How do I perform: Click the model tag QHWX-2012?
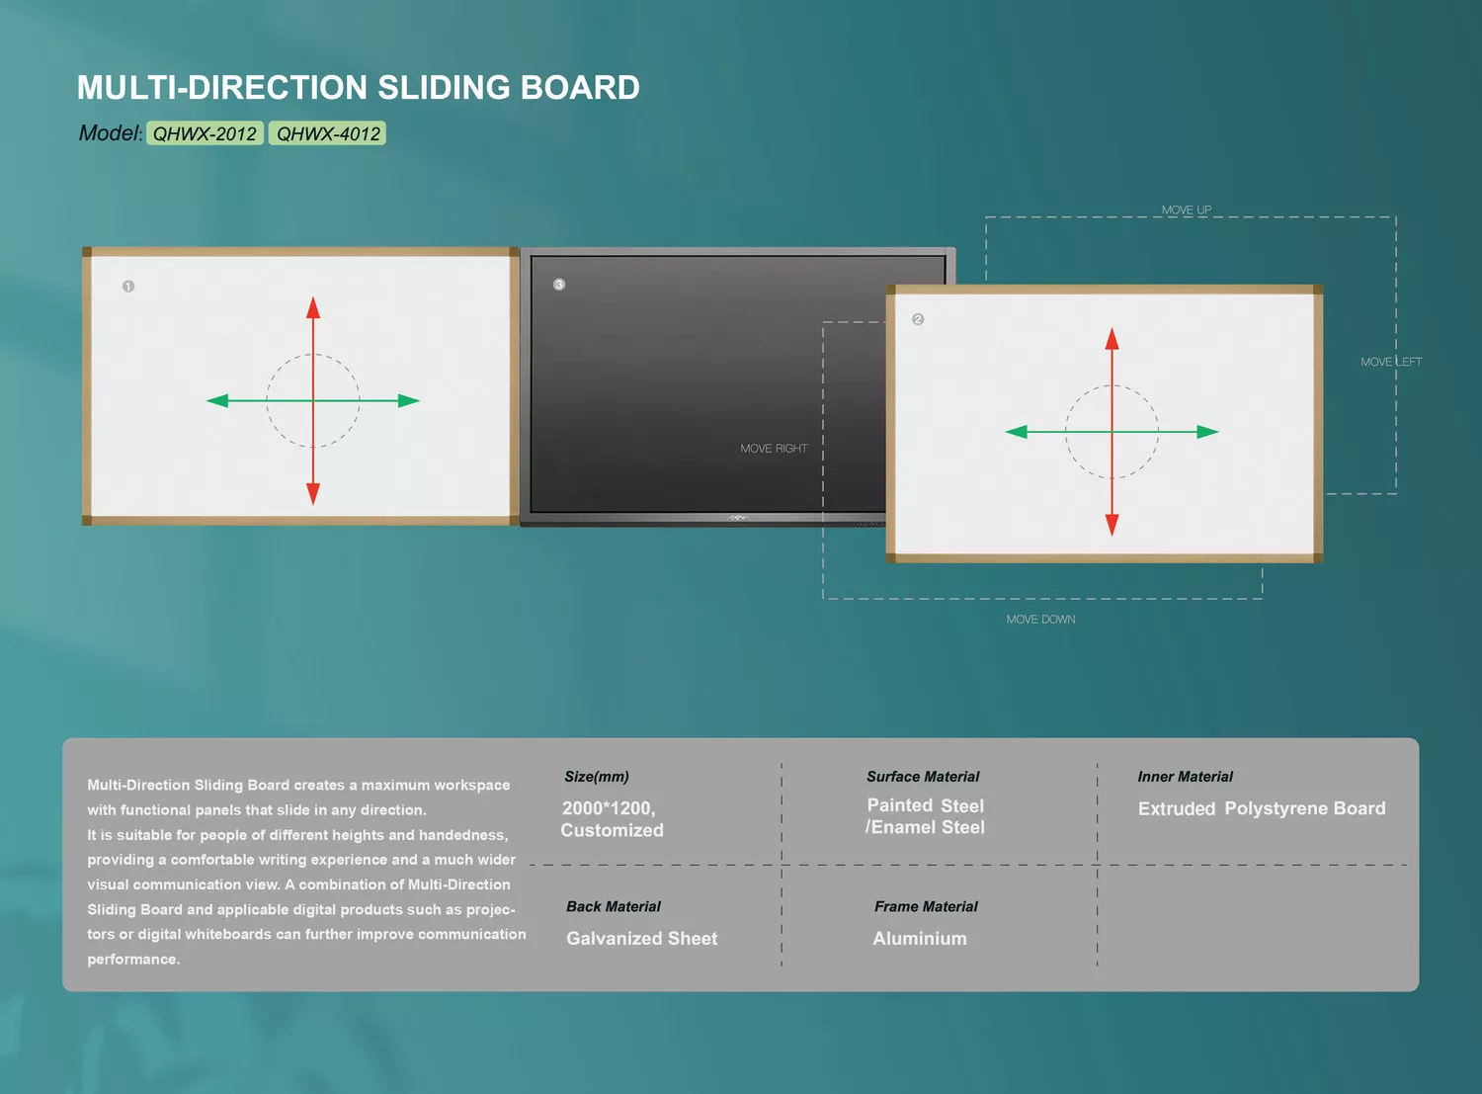[205, 133]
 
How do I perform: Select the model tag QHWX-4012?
[328, 133]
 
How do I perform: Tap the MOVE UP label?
[1186, 210]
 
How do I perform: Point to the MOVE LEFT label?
[1390, 362]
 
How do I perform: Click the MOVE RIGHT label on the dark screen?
[774, 449]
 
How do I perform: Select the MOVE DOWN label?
[1040, 620]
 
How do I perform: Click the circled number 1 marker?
[128, 287]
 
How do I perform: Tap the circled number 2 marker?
[918, 319]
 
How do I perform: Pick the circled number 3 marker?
[559, 285]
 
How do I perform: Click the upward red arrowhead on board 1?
[313, 306]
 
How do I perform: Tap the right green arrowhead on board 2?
[1207, 432]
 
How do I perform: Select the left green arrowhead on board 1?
[217, 400]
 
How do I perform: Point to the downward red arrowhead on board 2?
[1111, 525]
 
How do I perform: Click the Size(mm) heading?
[596, 777]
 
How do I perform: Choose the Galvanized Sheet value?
[641, 939]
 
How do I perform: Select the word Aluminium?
[919, 939]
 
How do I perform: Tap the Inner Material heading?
[1185, 777]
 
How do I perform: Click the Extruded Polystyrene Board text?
[1261, 808]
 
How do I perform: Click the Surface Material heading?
[923, 777]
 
